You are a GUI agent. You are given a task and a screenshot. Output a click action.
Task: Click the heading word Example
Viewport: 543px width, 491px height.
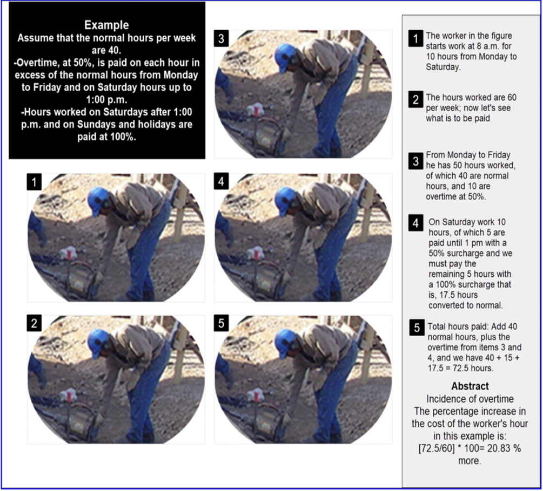coord(106,25)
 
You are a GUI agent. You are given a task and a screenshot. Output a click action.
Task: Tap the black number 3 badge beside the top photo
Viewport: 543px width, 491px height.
coord(222,38)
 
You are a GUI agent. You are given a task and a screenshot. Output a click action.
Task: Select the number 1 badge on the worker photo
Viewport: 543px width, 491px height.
coord(34,182)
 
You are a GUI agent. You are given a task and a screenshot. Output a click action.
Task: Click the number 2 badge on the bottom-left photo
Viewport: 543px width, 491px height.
coord(34,323)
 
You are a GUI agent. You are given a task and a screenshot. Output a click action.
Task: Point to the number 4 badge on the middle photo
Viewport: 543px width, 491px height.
coord(222,181)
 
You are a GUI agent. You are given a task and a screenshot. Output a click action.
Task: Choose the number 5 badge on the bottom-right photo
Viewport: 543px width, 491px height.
coord(222,323)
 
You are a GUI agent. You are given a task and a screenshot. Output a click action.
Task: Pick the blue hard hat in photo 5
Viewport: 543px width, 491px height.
coord(285,342)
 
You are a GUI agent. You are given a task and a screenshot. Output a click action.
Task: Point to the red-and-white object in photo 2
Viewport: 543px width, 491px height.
coord(68,394)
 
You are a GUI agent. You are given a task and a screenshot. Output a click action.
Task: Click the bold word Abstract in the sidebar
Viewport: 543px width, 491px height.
coord(470,386)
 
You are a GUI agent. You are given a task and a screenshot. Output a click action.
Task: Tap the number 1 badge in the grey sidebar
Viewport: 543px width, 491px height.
coord(415,38)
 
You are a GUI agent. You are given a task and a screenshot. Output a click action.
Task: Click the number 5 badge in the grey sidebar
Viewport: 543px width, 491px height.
coord(417,328)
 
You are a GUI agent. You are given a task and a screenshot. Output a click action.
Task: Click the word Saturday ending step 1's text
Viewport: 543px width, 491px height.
coord(443,67)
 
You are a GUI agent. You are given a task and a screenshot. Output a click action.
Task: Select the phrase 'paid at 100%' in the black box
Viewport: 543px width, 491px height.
coord(106,137)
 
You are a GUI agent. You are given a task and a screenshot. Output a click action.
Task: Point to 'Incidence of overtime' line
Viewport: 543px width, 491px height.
coord(470,399)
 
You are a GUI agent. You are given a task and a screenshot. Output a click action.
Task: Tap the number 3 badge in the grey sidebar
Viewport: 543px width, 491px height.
coord(415,161)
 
